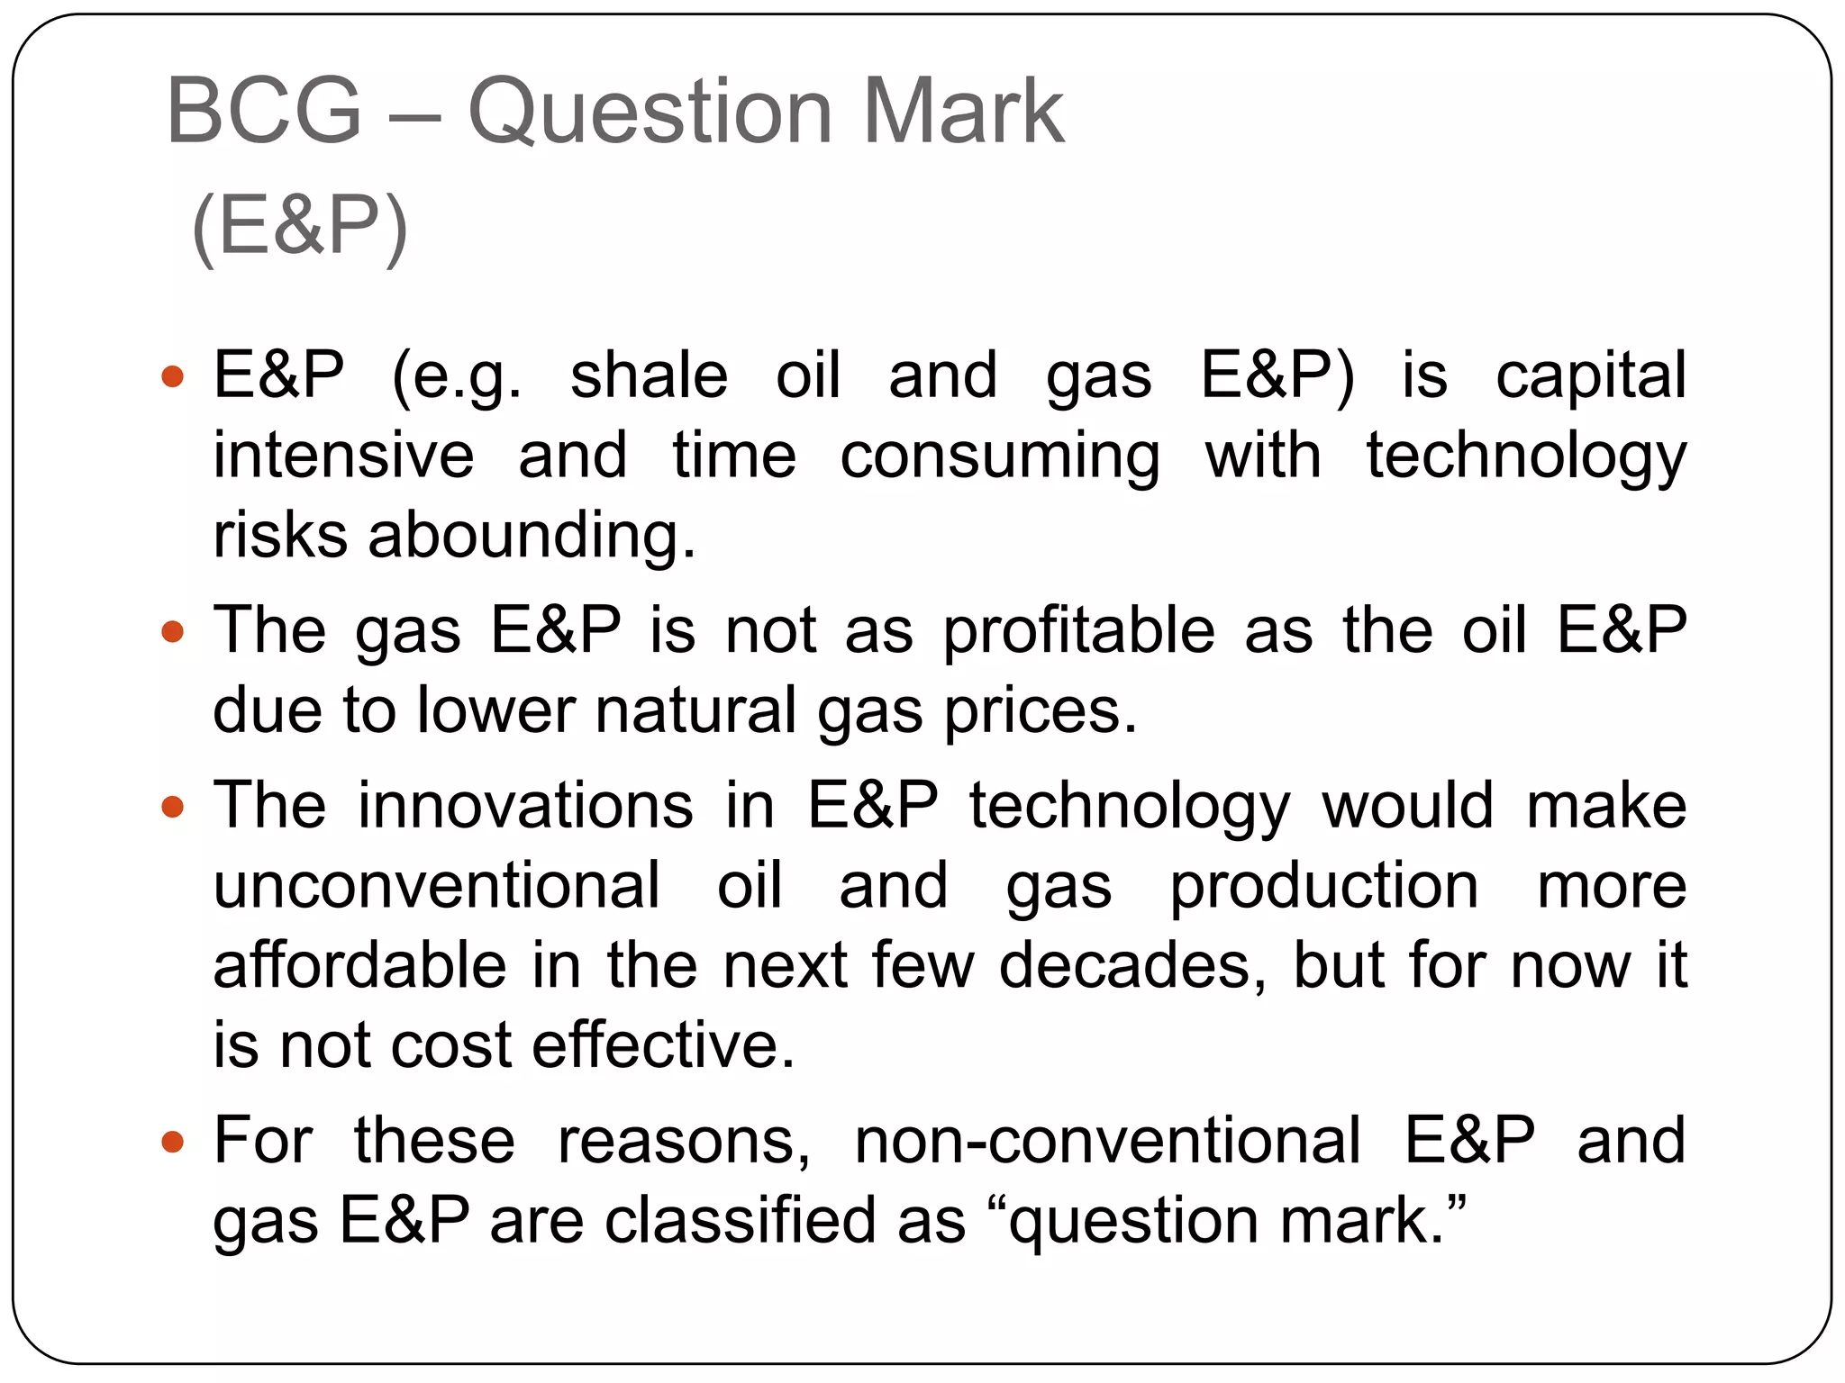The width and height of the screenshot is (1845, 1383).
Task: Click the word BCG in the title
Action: [x=264, y=112]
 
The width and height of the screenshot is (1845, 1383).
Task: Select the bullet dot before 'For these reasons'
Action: [x=172, y=1142]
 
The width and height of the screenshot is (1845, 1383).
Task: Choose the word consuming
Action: [x=1000, y=456]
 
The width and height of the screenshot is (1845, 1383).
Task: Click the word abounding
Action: [x=532, y=535]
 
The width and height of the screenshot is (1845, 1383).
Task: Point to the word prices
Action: [x=1041, y=711]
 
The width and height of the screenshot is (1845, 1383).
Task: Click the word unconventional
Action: [x=437, y=885]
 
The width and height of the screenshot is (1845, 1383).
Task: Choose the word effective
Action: [x=664, y=1045]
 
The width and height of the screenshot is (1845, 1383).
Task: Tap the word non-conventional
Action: [x=1107, y=1141]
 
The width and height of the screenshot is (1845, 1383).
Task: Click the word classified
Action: [x=741, y=1221]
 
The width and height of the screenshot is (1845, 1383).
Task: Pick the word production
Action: [x=1324, y=887]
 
